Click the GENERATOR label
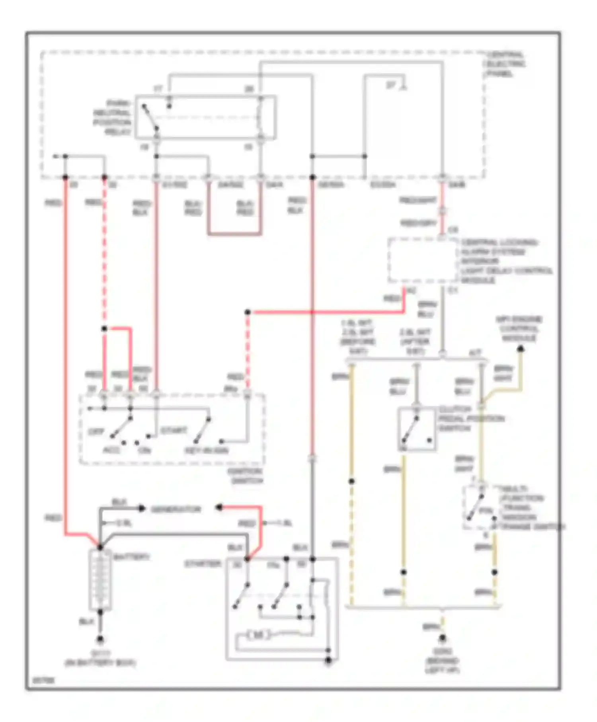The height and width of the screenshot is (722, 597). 176,509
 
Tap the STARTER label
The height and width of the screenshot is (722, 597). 203,564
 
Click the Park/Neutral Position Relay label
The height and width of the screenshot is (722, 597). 112,117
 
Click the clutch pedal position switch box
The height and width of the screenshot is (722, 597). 416,429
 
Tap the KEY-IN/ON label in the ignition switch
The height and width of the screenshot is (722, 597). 207,451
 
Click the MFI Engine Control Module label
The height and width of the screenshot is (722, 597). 519,329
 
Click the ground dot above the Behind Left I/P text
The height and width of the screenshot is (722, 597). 442,638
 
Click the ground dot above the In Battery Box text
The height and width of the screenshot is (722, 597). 100,640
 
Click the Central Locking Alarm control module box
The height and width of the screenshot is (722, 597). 423,261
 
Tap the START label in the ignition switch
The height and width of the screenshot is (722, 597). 174,431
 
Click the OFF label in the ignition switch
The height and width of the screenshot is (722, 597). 96,432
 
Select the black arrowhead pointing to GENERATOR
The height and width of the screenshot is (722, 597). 142,508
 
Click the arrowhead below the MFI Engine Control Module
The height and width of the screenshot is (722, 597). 520,349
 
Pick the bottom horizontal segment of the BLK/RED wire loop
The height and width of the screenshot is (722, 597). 234,234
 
